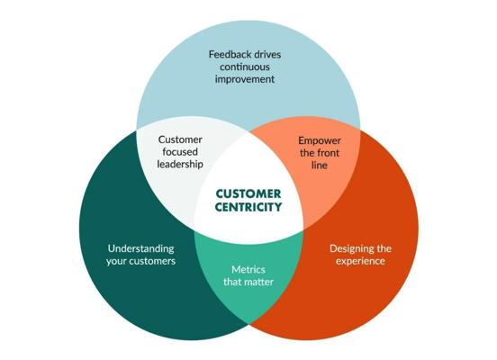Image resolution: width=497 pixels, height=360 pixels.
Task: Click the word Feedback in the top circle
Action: point(227,55)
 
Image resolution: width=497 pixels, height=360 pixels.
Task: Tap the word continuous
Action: point(245,67)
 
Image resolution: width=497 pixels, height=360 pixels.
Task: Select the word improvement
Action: point(245,79)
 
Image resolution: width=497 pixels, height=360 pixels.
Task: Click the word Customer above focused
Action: point(180,139)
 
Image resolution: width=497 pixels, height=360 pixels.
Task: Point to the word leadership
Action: point(180,164)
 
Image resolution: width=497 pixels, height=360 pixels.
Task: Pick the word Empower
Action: point(320,140)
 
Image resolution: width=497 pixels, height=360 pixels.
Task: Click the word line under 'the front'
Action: point(320,165)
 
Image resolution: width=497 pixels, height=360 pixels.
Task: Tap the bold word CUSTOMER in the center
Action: point(248,193)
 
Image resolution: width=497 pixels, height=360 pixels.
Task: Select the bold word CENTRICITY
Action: point(248,207)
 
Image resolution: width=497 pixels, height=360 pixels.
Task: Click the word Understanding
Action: point(141,248)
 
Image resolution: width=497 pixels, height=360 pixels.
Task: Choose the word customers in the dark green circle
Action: point(152,261)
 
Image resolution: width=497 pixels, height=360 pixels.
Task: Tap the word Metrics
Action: point(248,270)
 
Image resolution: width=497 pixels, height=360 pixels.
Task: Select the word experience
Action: point(361,261)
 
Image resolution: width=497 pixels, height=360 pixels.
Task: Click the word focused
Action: point(180,152)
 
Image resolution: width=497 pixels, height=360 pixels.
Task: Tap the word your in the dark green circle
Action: point(116,262)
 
